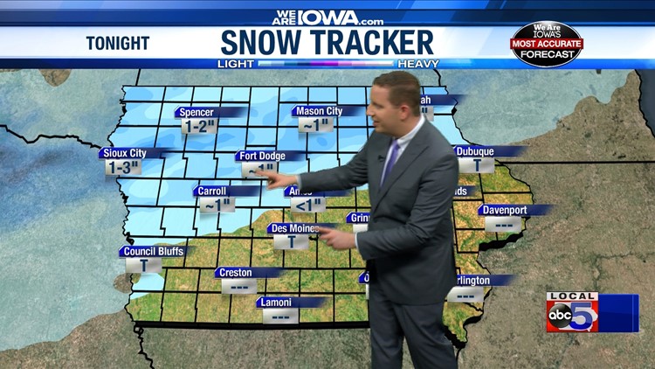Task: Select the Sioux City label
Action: [x=124, y=153]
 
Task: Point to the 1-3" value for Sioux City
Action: [x=122, y=167]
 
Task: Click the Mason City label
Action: [x=320, y=111]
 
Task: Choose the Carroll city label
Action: [x=213, y=191]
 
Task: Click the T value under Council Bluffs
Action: [x=143, y=265]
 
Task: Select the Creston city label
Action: [x=237, y=273]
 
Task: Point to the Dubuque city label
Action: [x=476, y=151]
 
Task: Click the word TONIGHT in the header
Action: [x=117, y=43]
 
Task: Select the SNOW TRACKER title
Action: [x=327, y=42]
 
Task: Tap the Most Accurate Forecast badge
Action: [x=546, y=44]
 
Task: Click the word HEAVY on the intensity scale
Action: [x=417, y=64]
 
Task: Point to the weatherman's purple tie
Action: [x=390, y=162]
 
